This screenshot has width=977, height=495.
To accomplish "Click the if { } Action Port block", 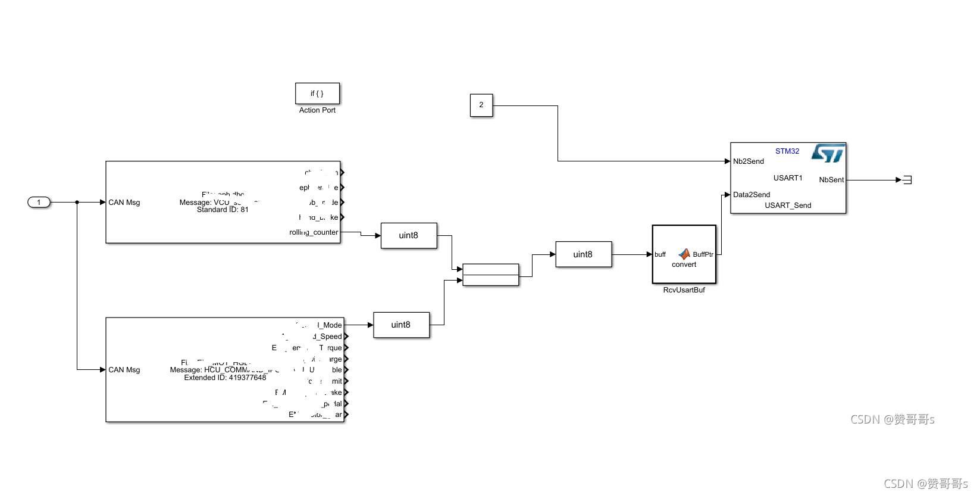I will coord(317,94).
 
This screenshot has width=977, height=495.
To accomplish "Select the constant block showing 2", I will coord(481,105).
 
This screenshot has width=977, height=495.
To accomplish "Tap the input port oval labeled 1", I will coord(39,203).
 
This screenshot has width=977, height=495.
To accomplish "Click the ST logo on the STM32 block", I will coord(828,153).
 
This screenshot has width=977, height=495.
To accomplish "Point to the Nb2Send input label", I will coord(749,161).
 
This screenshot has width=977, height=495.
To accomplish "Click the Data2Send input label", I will coord(751,195).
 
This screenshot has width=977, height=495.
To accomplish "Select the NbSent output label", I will coord(831,180).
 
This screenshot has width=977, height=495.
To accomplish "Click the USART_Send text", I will coord(788,206).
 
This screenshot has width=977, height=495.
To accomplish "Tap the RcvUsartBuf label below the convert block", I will coord(684,290).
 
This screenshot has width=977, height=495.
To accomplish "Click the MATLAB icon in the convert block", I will coord(684,254).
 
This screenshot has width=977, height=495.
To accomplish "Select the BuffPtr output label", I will coord(703,254).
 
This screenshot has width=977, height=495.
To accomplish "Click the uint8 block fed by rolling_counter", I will coord(409,236).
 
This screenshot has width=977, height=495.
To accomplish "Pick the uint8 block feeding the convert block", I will coord(583,254).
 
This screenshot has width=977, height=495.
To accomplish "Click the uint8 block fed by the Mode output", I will coord(401,325).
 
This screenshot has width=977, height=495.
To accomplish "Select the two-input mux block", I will coord(490,275).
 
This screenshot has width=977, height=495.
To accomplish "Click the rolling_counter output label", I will coord(314,232).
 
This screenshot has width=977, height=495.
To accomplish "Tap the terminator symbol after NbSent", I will coord(907,180).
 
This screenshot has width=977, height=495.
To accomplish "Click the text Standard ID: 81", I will coord(223,210).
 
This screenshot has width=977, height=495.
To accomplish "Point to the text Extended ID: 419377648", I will coord(225,378).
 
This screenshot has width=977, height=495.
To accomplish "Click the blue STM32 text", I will coord(787,151).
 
